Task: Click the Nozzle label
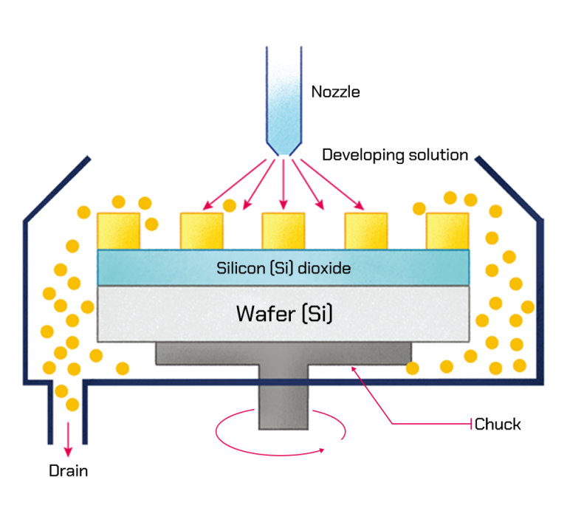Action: pos(336,92)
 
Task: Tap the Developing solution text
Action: pos(395,155)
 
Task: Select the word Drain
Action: pos(68,470)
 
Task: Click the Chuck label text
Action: pos(498,424)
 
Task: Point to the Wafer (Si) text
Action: pos(284,313)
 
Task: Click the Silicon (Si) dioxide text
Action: pos(283,268)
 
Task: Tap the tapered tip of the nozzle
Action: pos(283,147)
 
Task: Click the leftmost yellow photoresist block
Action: pos(118,230)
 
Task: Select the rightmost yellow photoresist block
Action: pos(447,230)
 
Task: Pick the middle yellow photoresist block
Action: pos(283,230)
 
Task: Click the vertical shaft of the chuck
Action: pos(283,402)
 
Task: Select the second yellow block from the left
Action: pos(202,230)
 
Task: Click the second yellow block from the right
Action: pos(365,230)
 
